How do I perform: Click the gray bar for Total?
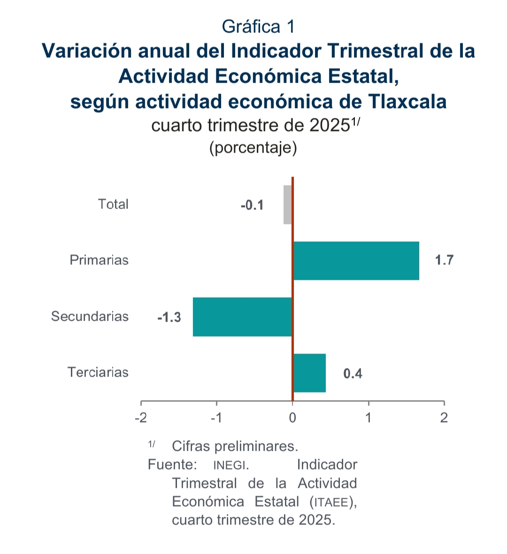click(288, 205)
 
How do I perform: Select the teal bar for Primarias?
click(356, 261)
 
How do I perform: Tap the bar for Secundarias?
click(242, 317)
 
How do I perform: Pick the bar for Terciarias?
click(309, 373)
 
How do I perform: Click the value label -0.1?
click(252, 206)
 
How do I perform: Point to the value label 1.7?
click(444, 260)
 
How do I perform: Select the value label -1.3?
click(169, 317)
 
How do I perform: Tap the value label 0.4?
click(353, 374)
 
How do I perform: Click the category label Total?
click(113, 204)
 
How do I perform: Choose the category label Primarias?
click(99, 260)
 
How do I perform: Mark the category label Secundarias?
click(90, 316)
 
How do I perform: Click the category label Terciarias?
click(98, 372)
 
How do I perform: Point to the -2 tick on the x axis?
click(141, 417)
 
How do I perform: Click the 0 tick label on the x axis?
click(292, 417)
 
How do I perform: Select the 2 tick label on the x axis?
click(444, 417)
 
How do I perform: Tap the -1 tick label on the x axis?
click(216, 417)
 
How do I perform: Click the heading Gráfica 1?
click(258, 27)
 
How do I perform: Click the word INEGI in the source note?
click(230, 465)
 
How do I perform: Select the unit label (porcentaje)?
click(253, 147)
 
